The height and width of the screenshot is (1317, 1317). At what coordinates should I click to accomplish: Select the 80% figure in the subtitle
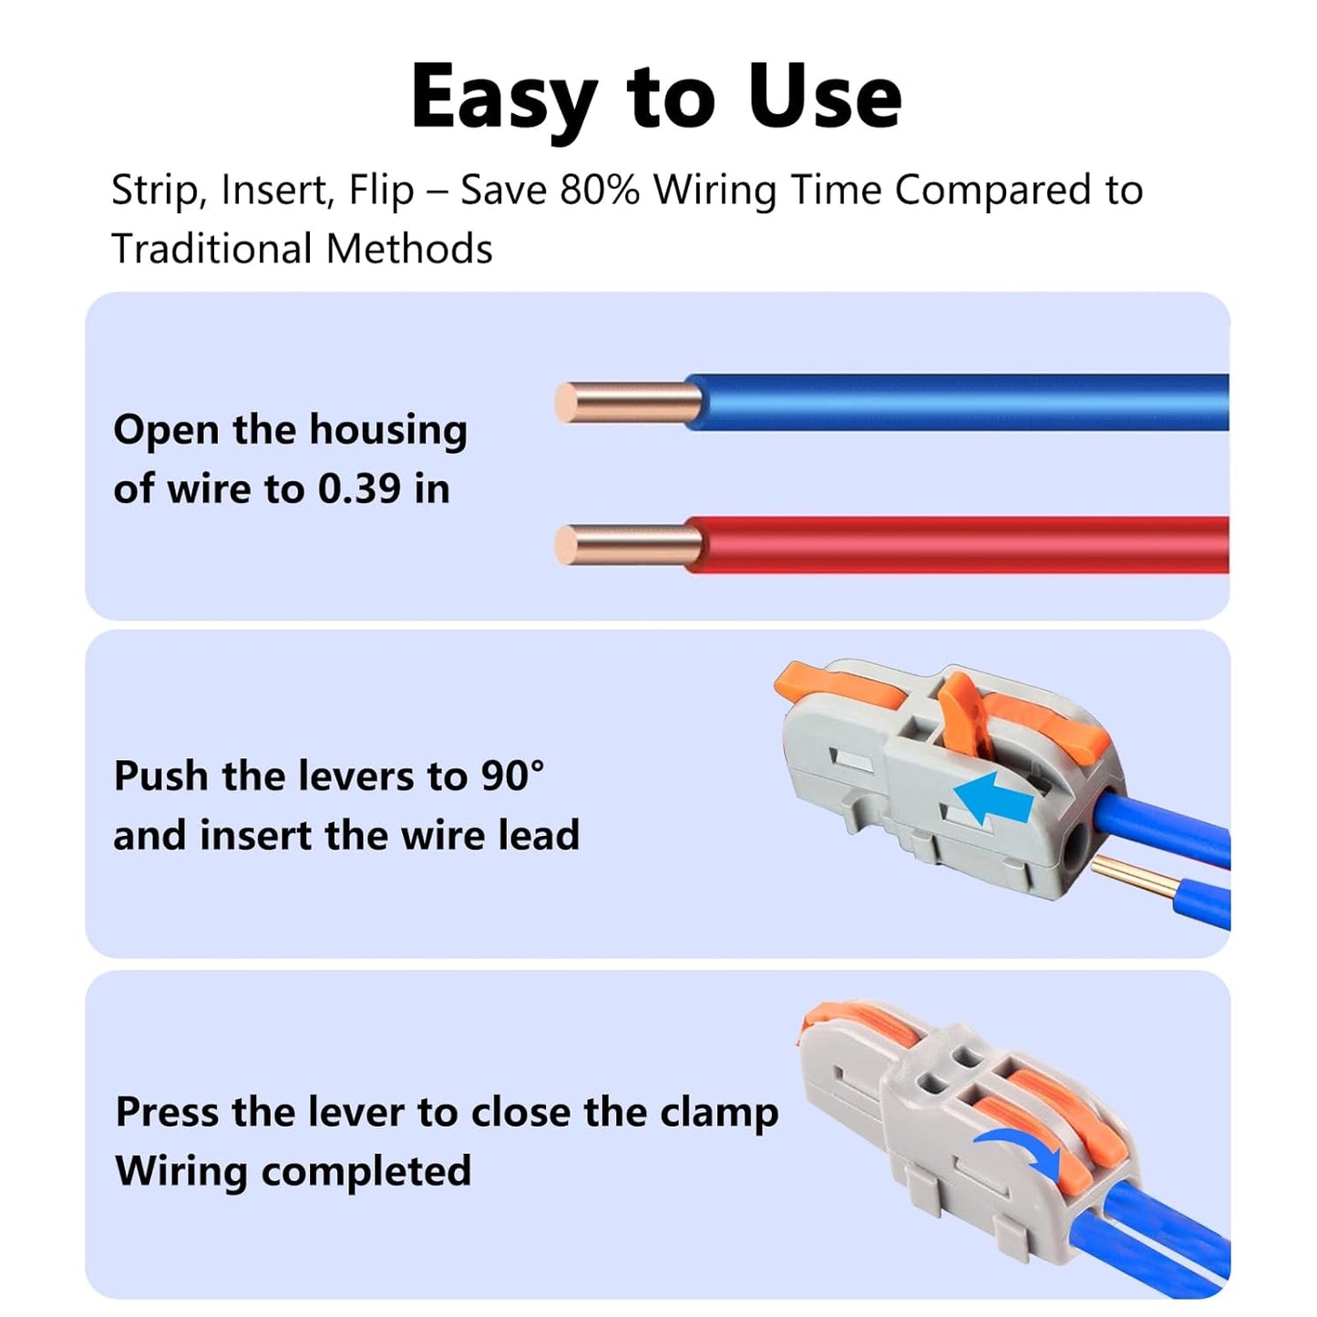pyautogui.click(x=600, y=190)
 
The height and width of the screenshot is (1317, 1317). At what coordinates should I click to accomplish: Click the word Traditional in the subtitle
pyautogui.click(x=211, y=249)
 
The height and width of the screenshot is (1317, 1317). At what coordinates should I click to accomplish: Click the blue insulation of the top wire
pyautogui.click(x=957, y=402)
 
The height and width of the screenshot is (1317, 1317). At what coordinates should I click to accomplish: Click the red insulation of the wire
pyautogui.click(x=957, y=545)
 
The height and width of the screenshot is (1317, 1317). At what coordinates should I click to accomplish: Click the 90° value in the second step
pyautogui.click(x=511, y=777)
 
